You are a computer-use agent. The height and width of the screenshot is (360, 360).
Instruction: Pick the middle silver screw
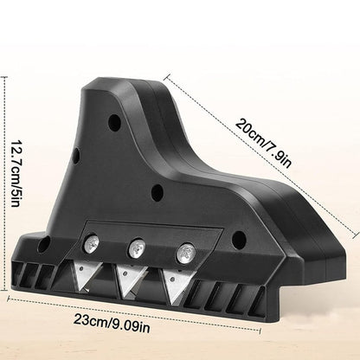(x=135, y=249)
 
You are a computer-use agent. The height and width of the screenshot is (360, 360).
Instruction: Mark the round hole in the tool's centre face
(x=158, y=191)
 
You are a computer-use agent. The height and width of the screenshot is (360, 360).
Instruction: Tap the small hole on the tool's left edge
(x=75, y=157)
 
